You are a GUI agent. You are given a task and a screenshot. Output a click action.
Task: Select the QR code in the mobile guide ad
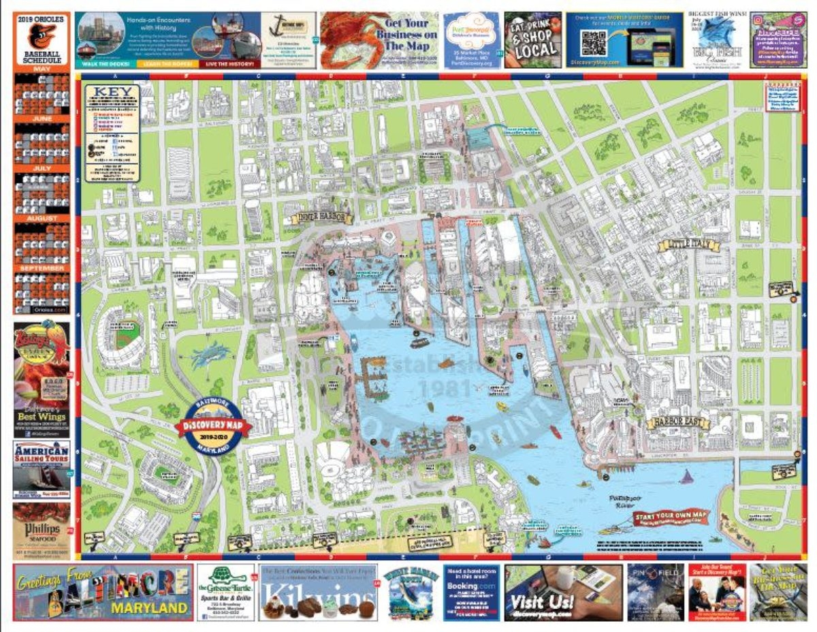pos(593,42)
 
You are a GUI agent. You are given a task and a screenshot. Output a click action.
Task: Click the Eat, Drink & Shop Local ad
pos(532,40)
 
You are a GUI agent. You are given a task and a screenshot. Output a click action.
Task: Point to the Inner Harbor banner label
pos(323,218)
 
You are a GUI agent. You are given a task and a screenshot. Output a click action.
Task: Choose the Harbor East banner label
pos(677,423)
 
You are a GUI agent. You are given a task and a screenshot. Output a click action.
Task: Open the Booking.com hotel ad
pos(471,592)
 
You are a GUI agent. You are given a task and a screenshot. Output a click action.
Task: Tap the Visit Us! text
pos(539,603)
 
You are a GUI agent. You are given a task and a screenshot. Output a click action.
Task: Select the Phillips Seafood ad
pos(41,531)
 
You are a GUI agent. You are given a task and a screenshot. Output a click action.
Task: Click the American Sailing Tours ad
pos(41,469)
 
